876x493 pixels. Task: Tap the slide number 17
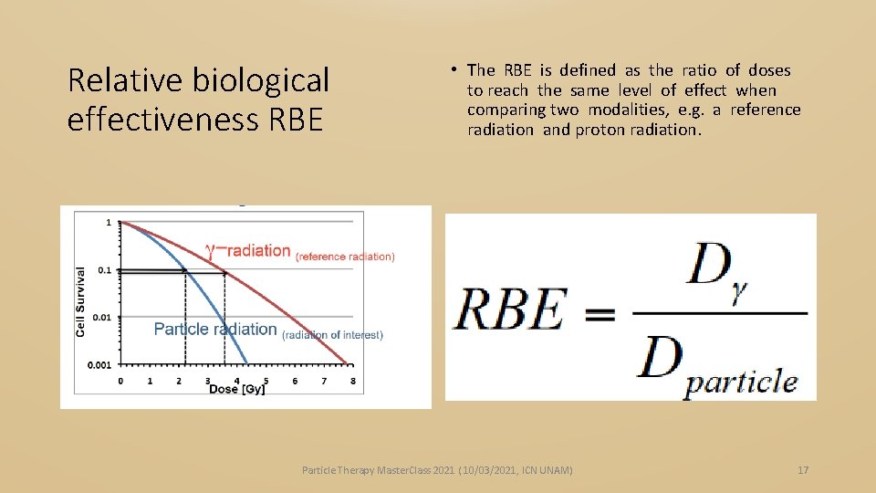[803, 470]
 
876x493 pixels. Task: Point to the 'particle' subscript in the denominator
[740, 381]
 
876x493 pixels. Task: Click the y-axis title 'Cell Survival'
[81, 301]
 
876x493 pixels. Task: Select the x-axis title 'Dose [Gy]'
[237, 390]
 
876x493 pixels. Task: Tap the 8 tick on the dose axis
[353, 381]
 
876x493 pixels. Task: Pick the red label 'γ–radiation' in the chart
[248, 251]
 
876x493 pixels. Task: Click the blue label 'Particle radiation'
[215, 330]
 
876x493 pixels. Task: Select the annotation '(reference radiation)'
[345, 257]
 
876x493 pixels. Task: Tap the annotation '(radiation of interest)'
[332, 335]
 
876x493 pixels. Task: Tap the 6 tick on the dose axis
[295, 381]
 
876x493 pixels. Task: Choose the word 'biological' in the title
[262, 81]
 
